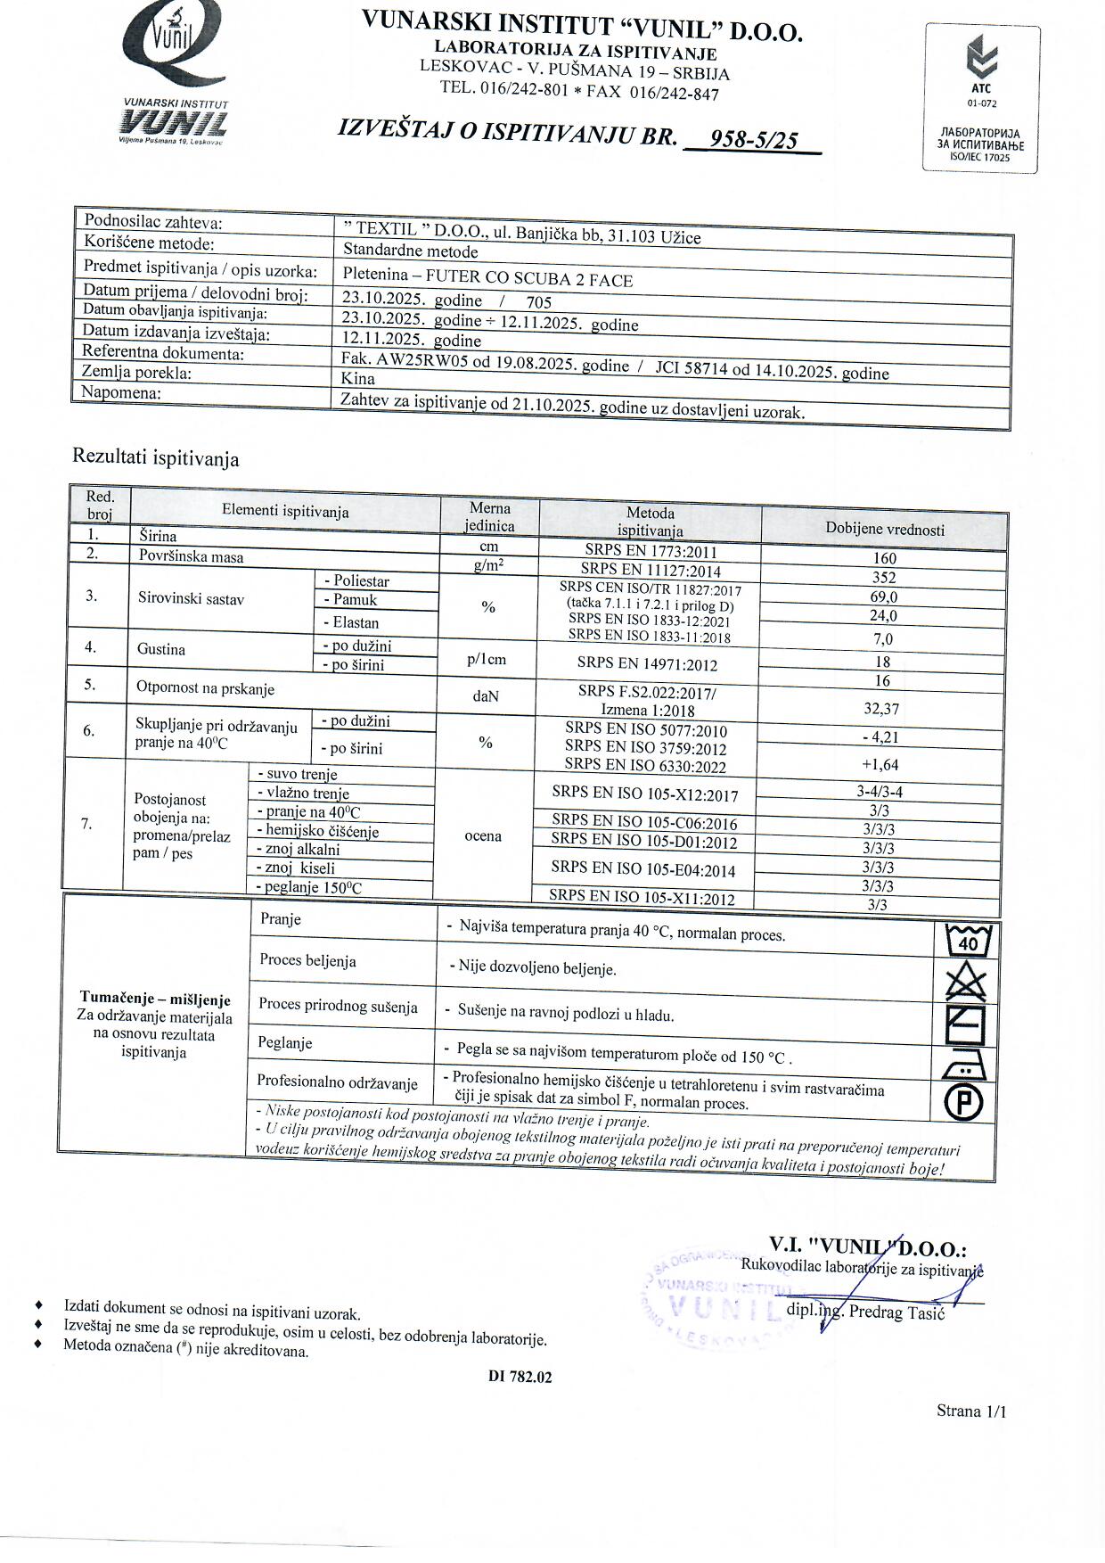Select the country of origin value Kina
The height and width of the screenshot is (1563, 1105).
(x=357, y=378)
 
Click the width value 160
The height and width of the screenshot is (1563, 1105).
(x=885, y=558)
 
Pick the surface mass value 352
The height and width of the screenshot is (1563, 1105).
(x=884, y=577)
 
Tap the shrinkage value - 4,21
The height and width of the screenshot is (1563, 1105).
(x=881, y=736)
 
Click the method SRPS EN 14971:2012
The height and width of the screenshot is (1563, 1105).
(x=647, y=663)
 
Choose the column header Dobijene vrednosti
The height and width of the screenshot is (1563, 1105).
(x=884, y=530)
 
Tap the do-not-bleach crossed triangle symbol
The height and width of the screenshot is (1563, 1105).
(x=966, y=984)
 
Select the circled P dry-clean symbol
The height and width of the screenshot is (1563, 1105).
(x=964, y=1103)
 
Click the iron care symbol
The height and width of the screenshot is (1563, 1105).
(x=963, y=1064)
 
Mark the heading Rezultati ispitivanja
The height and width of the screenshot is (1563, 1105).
(x=155, y=458)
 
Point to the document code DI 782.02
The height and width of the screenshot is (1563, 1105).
(x=520, y=1377)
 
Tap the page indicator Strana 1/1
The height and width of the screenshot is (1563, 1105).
(x=971, y=1411)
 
